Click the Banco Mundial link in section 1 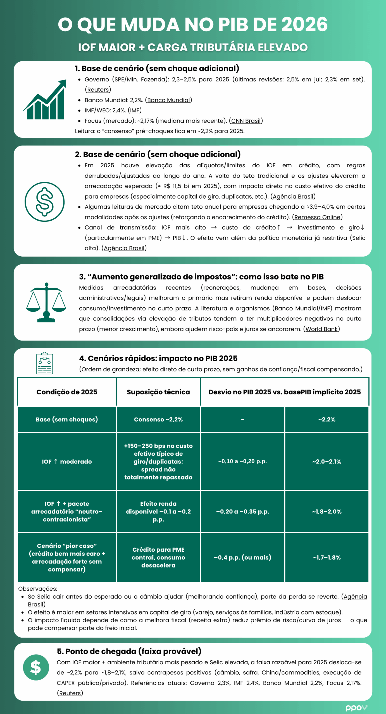click(168, 100)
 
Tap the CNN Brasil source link click(246, 121)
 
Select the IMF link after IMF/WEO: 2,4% click(135, 110)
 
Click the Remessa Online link click(317, 217)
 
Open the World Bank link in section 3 click(321, 329)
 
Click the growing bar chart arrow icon click(45, 100)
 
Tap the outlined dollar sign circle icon click(45, 202)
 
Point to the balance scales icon click(46, 302)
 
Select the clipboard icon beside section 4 click(45, 363)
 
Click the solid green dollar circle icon click(36, 667)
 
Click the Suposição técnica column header click(158, 392)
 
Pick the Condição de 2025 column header click(67, 392)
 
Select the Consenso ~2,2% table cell click(158, 419)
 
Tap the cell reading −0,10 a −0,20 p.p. click(242, 461)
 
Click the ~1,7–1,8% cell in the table click(327, 558)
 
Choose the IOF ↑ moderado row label click(67, 462)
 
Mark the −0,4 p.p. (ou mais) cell click(242, 558)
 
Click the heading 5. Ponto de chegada click(129, 651)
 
